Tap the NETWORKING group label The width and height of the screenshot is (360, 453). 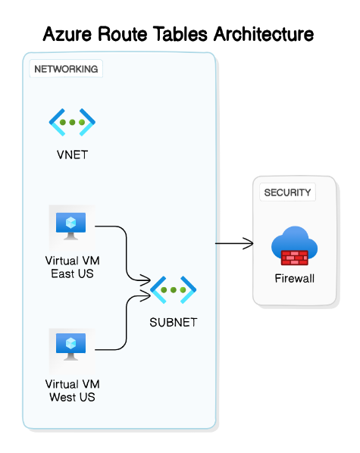pyautogui.click(x=66, y=69)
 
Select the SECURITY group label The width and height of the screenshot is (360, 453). pyautogui.click(x=287, y=192)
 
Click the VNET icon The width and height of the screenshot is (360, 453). pyautogui.click(x=72, y=122)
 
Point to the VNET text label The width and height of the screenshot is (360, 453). pyautogui.click(x=72, y=155)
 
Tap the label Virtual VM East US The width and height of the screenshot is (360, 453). pyautogui.click(x=72, y=267)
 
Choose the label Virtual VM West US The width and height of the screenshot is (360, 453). pyautogui.click(x=72, y=390)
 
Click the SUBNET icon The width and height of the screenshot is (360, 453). pyautogui.click(x=174, y=289)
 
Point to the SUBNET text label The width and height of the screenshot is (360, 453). pyautogui.click(x=174, y=322)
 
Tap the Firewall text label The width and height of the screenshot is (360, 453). pyautogui.click(x=294, y=278)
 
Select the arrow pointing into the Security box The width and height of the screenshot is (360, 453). pyautogui.click(x=235, y=243)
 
